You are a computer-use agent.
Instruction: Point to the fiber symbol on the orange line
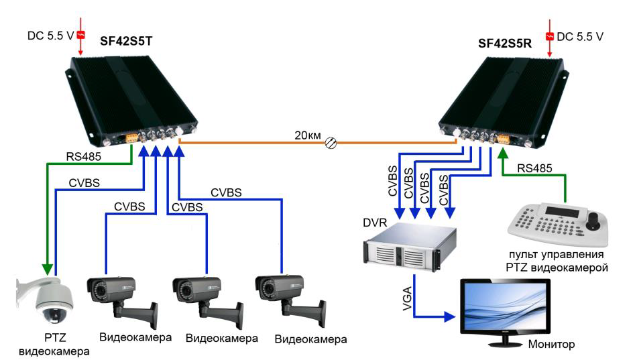point(330,142)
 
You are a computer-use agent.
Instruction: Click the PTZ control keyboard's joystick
point(593,220)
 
